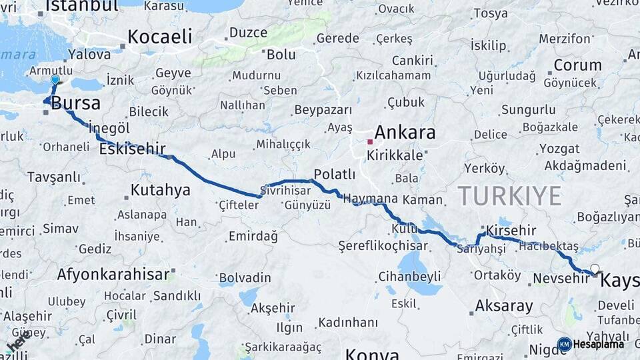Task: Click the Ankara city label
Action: coord(405,132)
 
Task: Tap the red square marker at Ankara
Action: coord(370,142)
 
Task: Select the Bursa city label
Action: coord(75,103)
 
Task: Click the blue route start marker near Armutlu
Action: coord(55,80)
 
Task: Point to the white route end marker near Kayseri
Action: coord(595,269)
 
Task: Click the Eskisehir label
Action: coord(131,149)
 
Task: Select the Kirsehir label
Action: coord(511,230)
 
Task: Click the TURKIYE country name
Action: coord(509,196)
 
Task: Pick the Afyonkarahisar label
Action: coord(113,274)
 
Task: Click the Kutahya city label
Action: coord(160,190)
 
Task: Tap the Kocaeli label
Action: coord(159,37)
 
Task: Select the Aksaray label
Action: coord(504,307)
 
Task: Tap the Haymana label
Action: coord(370,199)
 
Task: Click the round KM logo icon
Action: coord(564,344)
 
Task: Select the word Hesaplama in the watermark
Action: coord(598,345)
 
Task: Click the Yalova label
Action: coord(89,55)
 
